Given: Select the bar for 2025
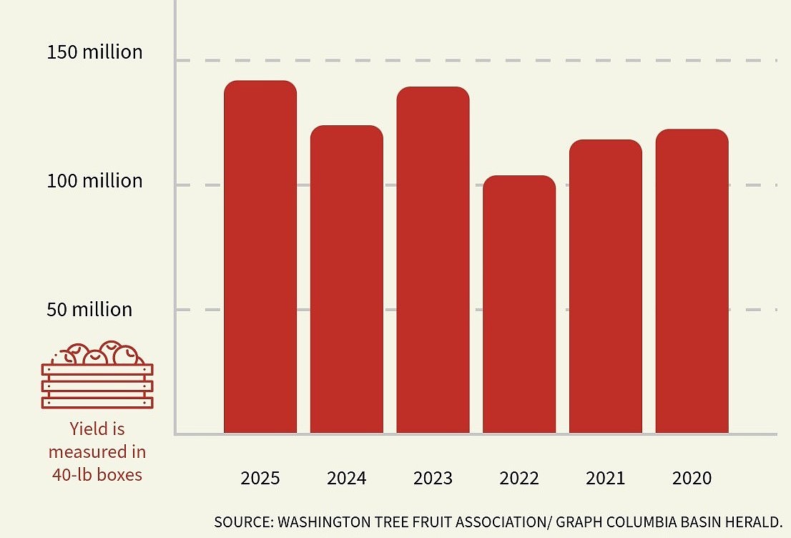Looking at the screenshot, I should pyautogui.click(x=260, y=258).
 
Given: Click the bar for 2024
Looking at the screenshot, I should pyautogui.click(x=347, y=279).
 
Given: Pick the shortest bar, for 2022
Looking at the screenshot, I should pyautogui.click(x=519, y=304).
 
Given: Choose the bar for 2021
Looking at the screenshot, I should pyautogui.click(x=606, y=286).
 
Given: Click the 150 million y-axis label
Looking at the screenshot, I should pyautogui.click(x=94, y=52).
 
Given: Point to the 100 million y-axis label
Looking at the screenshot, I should pyautogui.click(x=94, y=181).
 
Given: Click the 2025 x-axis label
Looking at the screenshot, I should pyautogui.click(x=260, y=478).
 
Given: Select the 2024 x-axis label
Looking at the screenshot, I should pyautogui.click(x=347, y=478).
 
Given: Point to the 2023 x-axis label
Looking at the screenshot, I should pyautogui.click(x=433, y=478).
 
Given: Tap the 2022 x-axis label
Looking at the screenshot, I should pyautogui.click(x=519, y=478).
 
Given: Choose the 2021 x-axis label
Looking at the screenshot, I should pyautogui.click(x=606, y=478).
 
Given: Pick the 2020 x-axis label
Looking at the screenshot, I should pyautogui.click(x=692, y=478).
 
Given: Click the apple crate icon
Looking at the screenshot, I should pyautogui.click(x=97, y=375).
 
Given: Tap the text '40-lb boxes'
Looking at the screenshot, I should pyautogui.click(x=97, y=474).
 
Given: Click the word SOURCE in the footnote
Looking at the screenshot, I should pyautogui.click(x=242, y=522).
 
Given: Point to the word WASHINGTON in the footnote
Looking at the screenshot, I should pyautogui.click(x=323, y=522).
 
